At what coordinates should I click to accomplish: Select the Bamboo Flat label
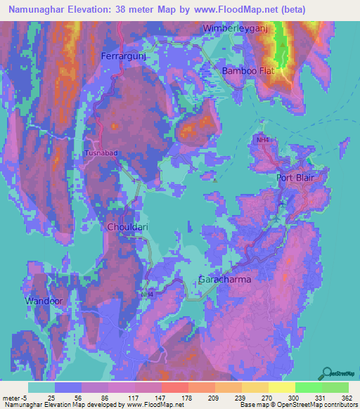tap(249, 72)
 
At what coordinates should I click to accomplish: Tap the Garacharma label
tap(224, 279)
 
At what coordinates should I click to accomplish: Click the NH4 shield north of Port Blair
tap(262, 141)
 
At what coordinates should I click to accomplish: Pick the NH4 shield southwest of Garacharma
tap(146, 294)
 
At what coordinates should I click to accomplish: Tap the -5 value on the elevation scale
tap(25, 397)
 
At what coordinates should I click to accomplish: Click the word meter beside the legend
tap(11, 397)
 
